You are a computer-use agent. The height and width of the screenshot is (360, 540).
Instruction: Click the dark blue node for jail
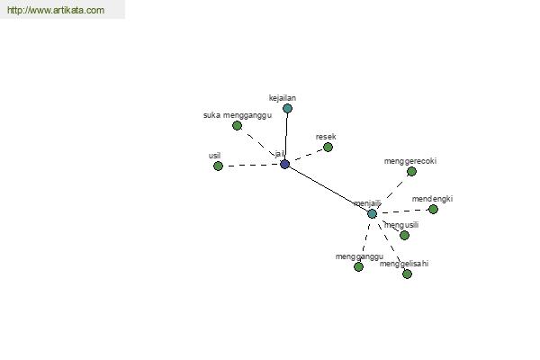pyautogui.click(x=284, y=165)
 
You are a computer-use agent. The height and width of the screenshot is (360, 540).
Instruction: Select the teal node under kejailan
pyautogui.click(x=288, y=109)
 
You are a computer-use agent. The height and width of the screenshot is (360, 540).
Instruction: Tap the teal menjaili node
pyautogui.click(x=372, y=213)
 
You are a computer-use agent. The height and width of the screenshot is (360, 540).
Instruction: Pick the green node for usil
pyautogui.click(x=218, y=166)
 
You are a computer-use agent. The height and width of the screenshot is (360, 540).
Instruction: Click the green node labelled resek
pyautogui.click(x=328, y=147)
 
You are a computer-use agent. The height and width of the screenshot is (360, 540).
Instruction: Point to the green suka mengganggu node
pyautogui.click(x=237, y=126)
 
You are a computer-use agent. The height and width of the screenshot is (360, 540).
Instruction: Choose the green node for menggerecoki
pyautogui.click(x=411, y=171)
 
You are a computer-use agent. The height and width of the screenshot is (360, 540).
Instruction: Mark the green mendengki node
pyautogui.click(x=433, y=209)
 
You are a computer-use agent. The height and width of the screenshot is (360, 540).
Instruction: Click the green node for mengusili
pyautogui.click(x=405, y=235)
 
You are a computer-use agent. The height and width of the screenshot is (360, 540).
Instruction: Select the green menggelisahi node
pyautogui.click(x=407, y=274)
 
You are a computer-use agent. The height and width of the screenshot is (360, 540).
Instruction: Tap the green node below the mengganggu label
pyautogui.click(x=358, y=266)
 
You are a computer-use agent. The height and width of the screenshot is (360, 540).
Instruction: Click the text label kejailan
pyautogui.click(x=283, y=98)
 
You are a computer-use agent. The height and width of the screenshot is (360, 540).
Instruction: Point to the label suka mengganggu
pyautogui.click(x=238, y=115)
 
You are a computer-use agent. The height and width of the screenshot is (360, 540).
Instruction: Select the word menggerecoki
pyautogui.click(x=410, y=161)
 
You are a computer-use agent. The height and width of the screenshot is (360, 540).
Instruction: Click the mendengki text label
pyautogui.click(x=432, y=199)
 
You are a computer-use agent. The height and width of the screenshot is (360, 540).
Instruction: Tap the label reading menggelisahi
pyautogui.click(x=404, y=264)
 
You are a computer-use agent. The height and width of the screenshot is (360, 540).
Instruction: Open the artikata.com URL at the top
pyautogui.click(x=56, y=10)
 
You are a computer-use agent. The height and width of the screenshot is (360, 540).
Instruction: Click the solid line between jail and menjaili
pyautogui.click(x=328, y=189)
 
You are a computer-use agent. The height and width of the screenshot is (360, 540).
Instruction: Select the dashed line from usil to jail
pyautogui.click(x=251, y=166)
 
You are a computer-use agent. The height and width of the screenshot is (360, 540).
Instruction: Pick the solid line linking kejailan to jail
pyautogui.click(x=286, y=137)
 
